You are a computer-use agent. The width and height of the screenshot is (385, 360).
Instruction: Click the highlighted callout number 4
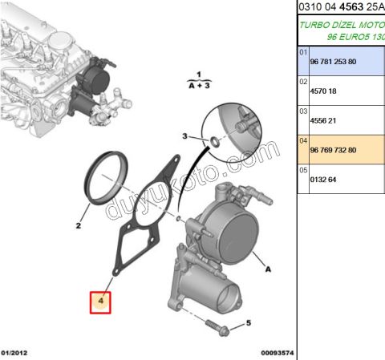101,301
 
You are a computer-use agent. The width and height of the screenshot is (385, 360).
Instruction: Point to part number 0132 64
325,180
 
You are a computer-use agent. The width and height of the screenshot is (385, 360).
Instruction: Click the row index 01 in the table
303,52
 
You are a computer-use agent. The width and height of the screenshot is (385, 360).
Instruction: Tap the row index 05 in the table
303,170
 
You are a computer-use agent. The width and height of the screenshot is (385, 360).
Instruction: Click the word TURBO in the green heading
314,24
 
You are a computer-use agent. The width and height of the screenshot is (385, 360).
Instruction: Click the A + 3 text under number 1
198,83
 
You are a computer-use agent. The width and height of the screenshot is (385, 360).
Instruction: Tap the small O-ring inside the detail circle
215,142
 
